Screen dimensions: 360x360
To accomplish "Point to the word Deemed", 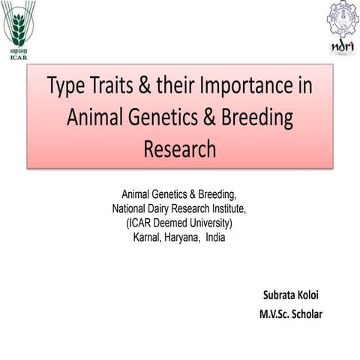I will pyautogui.click(x=173, y=223).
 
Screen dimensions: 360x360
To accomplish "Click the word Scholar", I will pyautogui.click(x=307, y=313).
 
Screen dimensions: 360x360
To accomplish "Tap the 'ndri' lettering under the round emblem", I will pyautogui.click(x=342, y=46).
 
